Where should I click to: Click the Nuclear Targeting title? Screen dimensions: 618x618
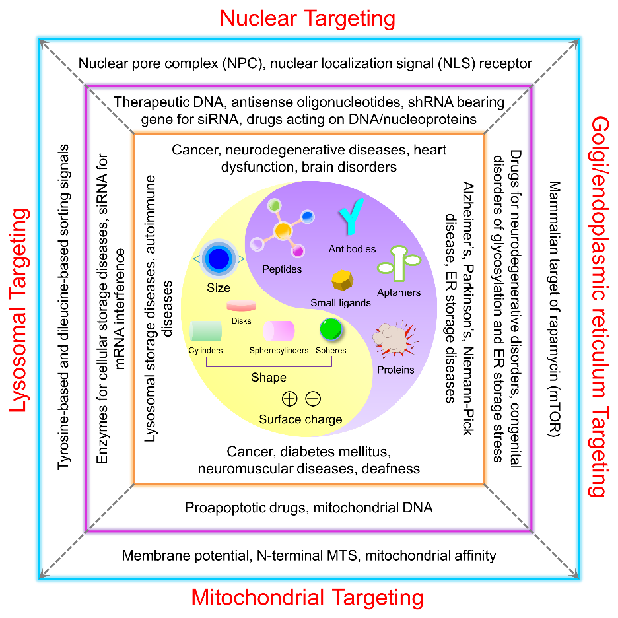click(308, 18)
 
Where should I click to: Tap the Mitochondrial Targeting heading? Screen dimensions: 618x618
click(307, 598)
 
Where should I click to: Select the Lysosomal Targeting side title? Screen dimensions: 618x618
click(20, 310)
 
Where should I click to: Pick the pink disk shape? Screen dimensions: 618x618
click(242, 306)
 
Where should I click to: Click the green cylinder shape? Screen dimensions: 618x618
click(205, 330)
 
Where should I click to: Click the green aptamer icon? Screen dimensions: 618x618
click(398, 265)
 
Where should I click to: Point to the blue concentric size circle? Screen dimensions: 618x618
click(218, 258)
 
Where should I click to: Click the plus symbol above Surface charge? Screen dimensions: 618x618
click(289, 399)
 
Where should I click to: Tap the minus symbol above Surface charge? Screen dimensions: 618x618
click(313, 399)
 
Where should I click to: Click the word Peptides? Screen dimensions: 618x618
click(282, 269)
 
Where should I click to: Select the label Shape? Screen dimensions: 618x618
click(268, 378)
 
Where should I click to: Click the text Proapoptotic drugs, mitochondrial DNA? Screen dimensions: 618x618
click(308, 508)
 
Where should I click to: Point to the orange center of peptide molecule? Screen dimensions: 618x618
click(283, 230)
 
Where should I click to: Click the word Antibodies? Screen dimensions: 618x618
click(352, 249)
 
